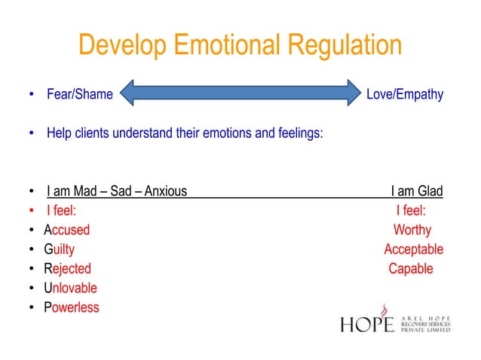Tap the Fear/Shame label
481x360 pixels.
[79, 95]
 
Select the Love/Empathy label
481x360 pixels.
[404, 95]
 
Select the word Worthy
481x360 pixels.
[412, 230]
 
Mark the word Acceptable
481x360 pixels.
[413, 249]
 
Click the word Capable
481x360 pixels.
[411, 269]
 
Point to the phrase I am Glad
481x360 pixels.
[416, 191]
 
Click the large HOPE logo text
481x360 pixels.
[367, 324]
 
